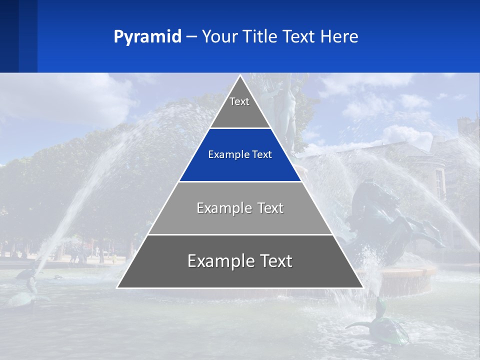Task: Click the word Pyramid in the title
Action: click(x=147, y=37)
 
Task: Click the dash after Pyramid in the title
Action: click(x=191, y=37)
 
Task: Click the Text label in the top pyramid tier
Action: click(x=239, y=101)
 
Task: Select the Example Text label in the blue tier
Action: click(x=240, y=155)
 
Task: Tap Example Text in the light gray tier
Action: click(x=240, y=208)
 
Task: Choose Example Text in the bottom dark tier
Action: click(x=240, y=261)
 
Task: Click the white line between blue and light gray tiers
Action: click(x=240, y=181)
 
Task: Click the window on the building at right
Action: click(x=439, y=182)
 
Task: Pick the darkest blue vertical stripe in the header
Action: click(x=9, y=36)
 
